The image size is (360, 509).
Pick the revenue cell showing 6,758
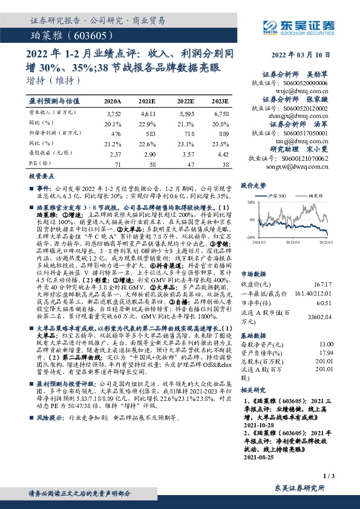click(221, 113)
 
